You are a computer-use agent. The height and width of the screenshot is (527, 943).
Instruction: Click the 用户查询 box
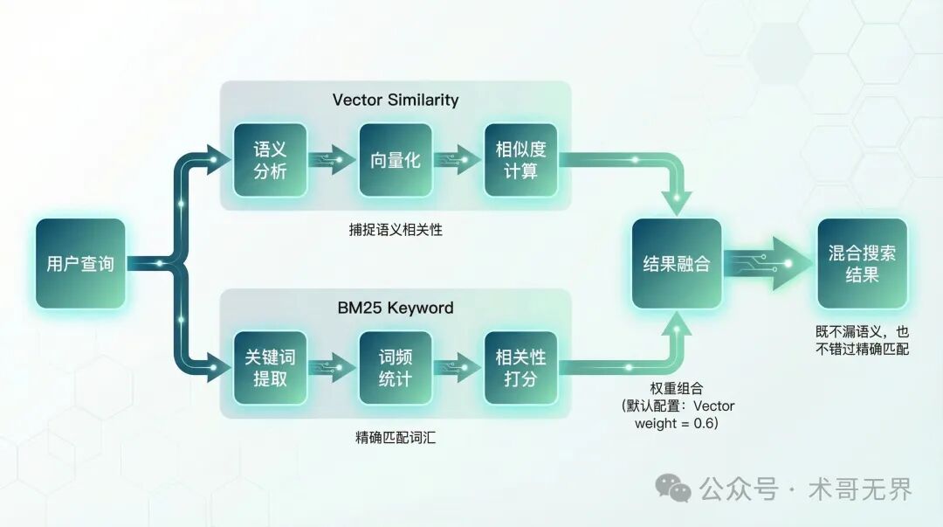click(80, 263)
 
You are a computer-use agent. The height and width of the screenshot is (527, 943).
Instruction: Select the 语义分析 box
click(270, 160)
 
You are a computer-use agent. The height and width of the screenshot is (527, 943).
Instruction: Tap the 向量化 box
click(396, 160)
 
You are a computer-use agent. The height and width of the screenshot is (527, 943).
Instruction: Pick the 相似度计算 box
click(520, 160)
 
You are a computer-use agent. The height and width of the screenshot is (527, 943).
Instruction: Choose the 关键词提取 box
click(270, 368)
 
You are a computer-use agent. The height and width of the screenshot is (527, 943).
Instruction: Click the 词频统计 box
click(396, 368)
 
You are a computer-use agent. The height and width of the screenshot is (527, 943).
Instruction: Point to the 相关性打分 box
click(520, 368)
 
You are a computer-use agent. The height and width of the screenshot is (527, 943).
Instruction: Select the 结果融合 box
click(677, 263)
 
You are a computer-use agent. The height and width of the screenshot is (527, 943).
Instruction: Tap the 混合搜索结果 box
click(862, 263)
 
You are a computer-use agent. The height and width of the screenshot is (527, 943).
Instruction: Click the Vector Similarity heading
click(395, 99)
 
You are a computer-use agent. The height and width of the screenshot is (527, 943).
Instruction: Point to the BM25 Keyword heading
click(396, 308)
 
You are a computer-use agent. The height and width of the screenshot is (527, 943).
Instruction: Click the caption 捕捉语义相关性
click(395, 230)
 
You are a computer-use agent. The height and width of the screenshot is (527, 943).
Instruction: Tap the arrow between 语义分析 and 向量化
click(333, 160)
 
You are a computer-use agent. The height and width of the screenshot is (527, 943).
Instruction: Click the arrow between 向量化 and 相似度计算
click(458, 160)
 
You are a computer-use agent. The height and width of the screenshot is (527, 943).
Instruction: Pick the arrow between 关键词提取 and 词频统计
click(333, 368)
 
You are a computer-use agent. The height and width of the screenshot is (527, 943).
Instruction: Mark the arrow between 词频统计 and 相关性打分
click(458, 368)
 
